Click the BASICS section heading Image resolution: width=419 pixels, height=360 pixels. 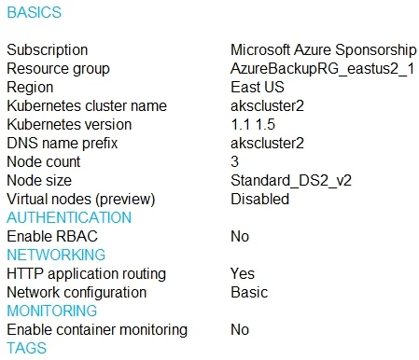(x=35, y=12)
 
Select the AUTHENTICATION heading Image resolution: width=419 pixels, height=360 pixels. (x=69, y=217)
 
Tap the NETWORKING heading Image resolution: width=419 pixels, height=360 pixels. (x=56, y=255)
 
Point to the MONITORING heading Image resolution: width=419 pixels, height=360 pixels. (x=52, y=311)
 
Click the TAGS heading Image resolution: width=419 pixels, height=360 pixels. (x=27, y=348)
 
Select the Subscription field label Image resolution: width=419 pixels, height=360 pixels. (x=48, y=49)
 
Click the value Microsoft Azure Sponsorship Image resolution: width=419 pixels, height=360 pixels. (x=324, y=49)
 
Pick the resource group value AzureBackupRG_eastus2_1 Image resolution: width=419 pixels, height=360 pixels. (x=323, y=68)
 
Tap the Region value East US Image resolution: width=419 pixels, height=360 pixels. (x=258, y=87)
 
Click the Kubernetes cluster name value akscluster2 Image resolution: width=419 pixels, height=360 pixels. (x=267, y=105)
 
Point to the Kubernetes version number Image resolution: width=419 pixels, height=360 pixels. (x=253, y=124)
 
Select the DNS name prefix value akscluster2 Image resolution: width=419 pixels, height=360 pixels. (x=267, y=143)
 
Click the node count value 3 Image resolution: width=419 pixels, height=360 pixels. (x=235, y=161)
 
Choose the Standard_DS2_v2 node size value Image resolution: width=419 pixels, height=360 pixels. (x=291, y=180)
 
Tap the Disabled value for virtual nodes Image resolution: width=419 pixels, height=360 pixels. (x=260, y=199)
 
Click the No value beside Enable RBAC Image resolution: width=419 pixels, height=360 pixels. (x=240, y=236)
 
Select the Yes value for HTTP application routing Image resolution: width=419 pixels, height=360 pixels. (x=243, y=273)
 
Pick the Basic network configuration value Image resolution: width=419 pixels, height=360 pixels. (x=249, y=292)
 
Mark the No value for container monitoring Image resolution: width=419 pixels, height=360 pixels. (x=240, y=329)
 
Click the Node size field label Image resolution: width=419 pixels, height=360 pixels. (x=39, y=180)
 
